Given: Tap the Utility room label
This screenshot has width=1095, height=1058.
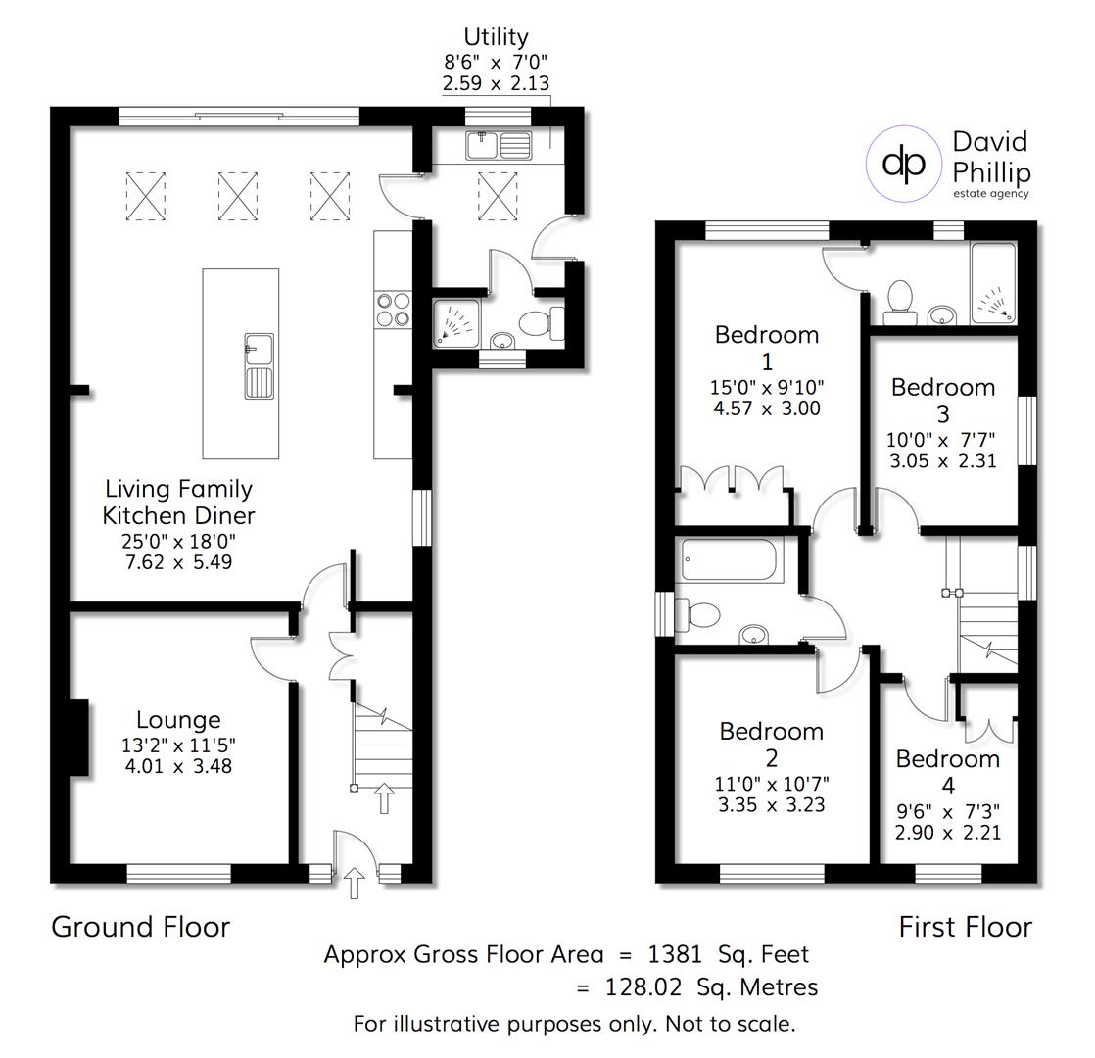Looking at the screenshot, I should (496, 37).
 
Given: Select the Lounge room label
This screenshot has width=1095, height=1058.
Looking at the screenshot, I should (178, 720).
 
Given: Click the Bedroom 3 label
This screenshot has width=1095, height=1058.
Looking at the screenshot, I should (942, 400).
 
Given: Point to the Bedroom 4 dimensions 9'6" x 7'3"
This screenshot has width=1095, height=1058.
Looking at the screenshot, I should (948, 811).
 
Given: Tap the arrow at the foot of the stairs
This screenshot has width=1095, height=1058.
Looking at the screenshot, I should (383, 797).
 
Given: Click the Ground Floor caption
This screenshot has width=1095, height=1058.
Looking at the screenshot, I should (140, 927).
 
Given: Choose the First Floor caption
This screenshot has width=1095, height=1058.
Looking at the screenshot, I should (965, 927).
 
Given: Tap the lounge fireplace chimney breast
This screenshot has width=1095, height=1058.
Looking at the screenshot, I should (78, 737).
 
